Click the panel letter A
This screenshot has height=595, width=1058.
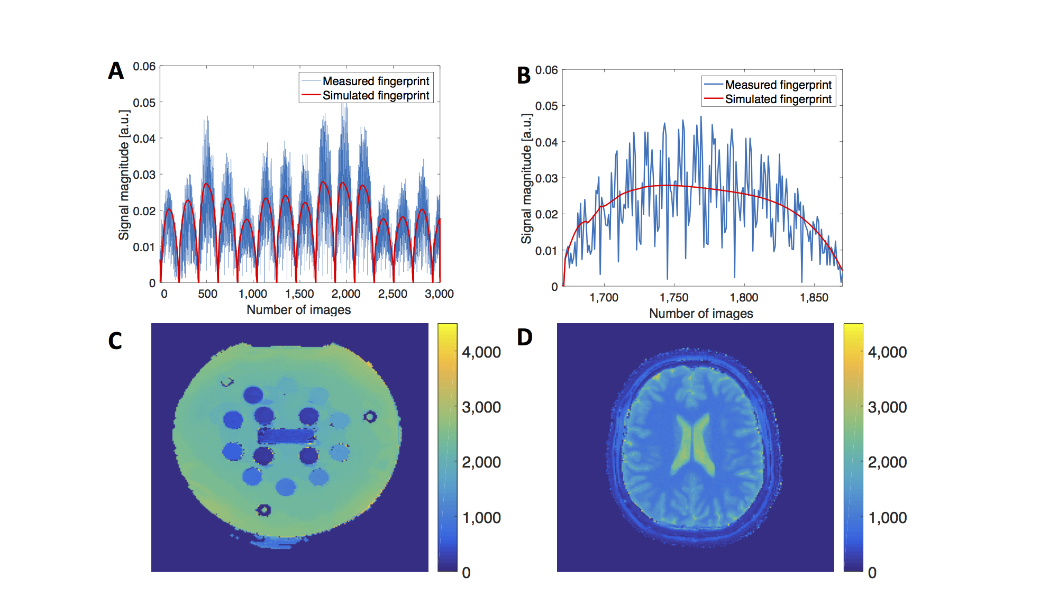(116, 71)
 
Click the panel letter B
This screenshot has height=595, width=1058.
(524, 76)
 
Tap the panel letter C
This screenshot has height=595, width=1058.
(115, 341)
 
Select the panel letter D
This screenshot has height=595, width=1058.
(524, 337)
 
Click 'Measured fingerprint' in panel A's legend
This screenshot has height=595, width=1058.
(376, 81)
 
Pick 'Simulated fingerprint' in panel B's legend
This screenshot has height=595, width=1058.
(778, 99)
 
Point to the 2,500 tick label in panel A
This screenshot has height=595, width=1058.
(393, 294)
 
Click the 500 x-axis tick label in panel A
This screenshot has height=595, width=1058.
(207, 294)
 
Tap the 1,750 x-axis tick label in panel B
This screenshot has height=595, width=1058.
(674, 298)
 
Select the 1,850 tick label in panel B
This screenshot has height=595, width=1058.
(814, 298)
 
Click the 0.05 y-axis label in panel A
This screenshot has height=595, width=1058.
(144, 103)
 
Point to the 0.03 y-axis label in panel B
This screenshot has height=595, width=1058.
(546, 178)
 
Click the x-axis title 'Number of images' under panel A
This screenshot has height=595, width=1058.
(298, 310)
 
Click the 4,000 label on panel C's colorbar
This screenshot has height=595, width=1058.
(481, 352)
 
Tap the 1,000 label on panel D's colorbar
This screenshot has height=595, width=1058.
(887, 518)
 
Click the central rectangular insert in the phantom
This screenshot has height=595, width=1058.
(286, 436)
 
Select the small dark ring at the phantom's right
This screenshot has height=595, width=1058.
(370, 417)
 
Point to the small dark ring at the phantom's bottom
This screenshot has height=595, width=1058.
(263, 510)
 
